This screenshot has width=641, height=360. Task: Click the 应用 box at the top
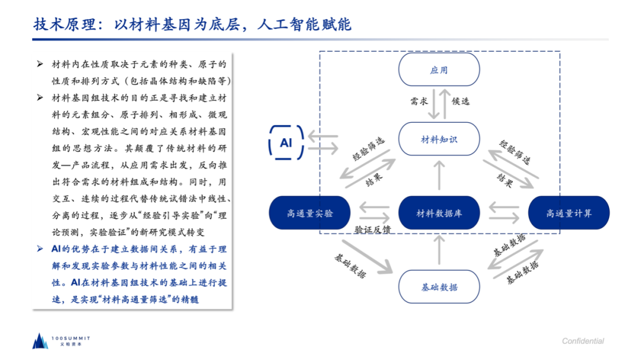click(x=439, y=70)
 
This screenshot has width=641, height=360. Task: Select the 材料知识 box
click(x=439, y=139)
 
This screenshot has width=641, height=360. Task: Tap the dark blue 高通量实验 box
click(x=309, y=213)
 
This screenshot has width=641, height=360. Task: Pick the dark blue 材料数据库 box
click(x=439, y=213)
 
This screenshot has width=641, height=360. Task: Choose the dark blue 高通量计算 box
click(x=569, y=213)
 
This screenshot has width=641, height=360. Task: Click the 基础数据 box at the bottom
click(x=439, y=287)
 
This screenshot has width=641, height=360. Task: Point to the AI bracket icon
click(x=286, y=143)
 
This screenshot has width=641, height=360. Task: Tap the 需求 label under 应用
click(x=419, y=101)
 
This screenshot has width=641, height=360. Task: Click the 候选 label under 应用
click(x=461, y=101)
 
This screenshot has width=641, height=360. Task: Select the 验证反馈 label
click(x=373, y=230)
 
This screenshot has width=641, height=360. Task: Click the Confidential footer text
click(x=583, y=341)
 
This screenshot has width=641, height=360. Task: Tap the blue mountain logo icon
click(x=40, y=340)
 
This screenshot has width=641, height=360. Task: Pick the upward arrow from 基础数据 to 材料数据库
click(x=439, y=250)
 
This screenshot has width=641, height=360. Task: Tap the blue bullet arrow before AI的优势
click(x=40, y=249)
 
